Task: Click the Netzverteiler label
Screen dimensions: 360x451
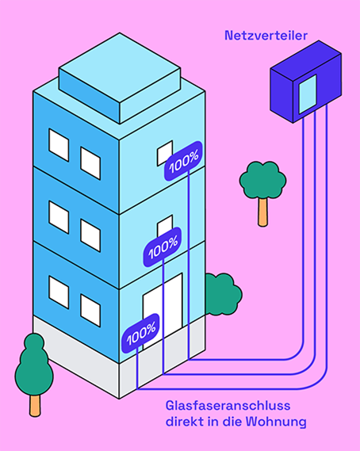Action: click(266, 36)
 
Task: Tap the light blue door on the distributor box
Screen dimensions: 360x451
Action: click(308, 94)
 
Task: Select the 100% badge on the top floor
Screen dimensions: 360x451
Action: click(183, 161)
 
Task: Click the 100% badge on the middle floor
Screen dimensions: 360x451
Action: click(163, 247)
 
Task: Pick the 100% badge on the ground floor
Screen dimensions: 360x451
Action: click(140, 333)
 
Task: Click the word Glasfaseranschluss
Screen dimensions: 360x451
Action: click(228, 406)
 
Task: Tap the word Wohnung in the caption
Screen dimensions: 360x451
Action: click(276, 422)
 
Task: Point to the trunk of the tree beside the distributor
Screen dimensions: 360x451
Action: click(262, 212)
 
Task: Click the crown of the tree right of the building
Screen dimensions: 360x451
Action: click(262, 180)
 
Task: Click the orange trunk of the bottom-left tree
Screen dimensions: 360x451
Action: click(35, 406)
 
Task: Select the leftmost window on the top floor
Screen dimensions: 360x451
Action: click(59, 145)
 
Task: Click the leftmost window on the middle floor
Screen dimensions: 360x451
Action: click(59, 217)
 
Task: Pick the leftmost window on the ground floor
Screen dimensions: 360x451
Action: click(59, 292)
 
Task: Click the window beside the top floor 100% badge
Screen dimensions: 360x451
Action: click(164, 152)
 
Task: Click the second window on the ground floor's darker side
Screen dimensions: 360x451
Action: click(90, 311)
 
